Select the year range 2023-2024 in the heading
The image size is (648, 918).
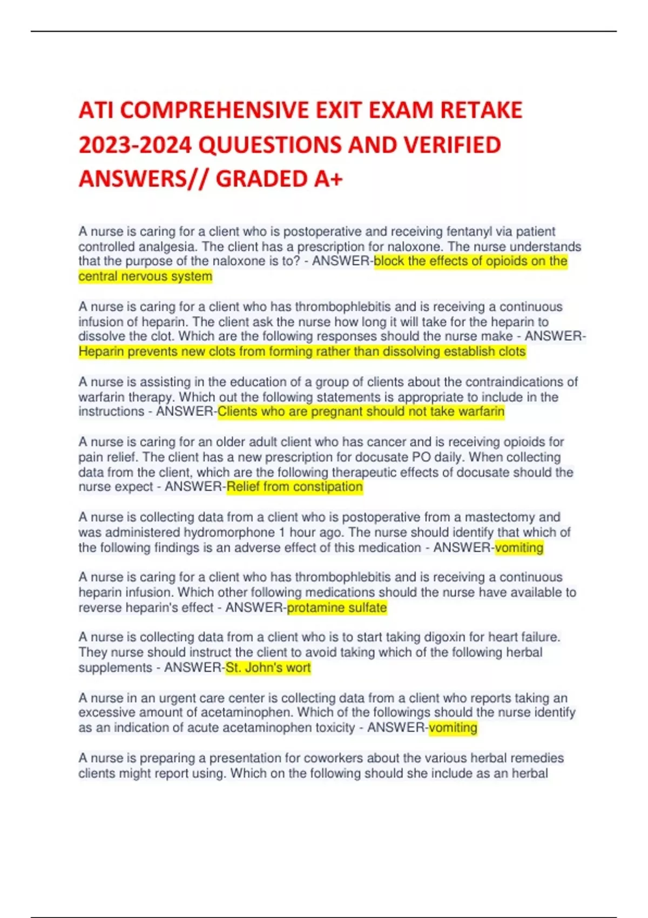[x=135, y=145]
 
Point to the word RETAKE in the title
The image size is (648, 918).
[x=481, y=110]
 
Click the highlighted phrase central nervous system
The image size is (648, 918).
[x=145, y=276]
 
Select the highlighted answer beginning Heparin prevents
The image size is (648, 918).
[x=302, y=352]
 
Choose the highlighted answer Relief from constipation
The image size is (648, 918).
[x=294, y=487]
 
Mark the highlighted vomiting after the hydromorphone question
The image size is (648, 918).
[x=519, y=548]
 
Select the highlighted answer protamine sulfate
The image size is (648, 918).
[x=336, y=607]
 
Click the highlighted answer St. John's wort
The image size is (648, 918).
[x=268, y=667]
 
